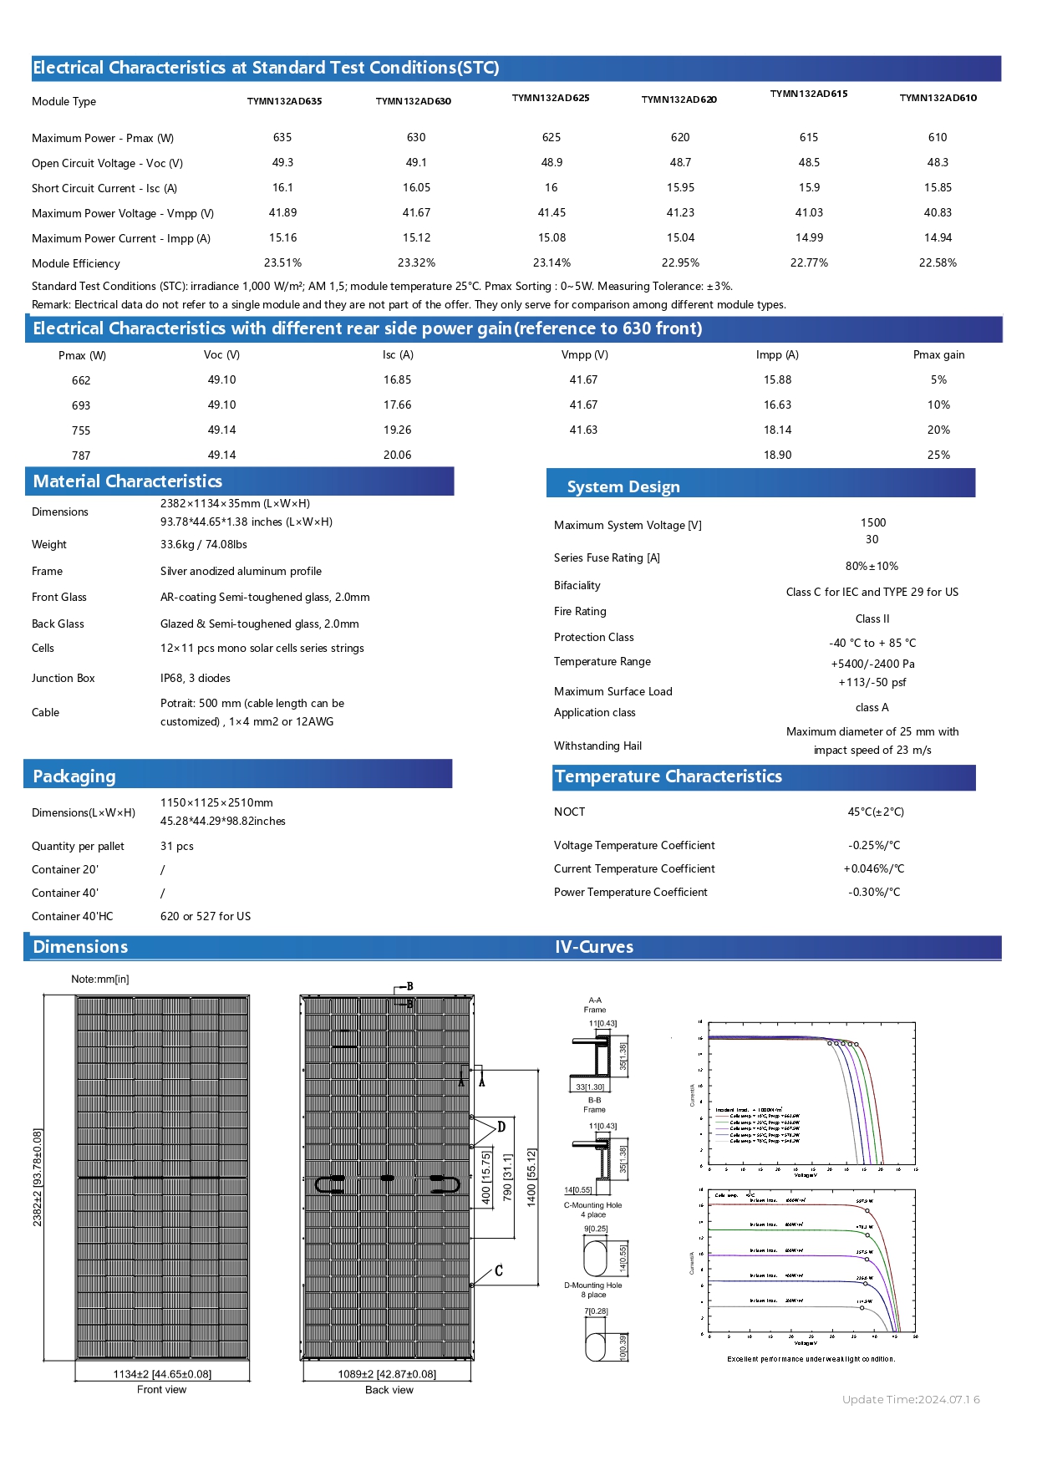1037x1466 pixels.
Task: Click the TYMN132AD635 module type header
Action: (x=284, y=101)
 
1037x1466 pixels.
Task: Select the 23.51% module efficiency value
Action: (x=282, y=262)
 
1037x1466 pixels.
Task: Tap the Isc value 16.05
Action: (x=416, y=187)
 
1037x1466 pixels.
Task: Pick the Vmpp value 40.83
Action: (x=938, y=212)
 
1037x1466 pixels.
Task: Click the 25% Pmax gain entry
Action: (x=938, y=455)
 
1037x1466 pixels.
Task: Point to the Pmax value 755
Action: (x=81, y=430)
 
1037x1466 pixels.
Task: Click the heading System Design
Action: (x=623, y=486)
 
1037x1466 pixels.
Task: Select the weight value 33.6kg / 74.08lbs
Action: (x=204, y=544)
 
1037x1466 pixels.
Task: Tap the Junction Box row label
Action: (x=64, y=678)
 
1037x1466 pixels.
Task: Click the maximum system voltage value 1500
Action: (x=873, y=522)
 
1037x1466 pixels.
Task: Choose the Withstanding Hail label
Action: (x=597, y=746)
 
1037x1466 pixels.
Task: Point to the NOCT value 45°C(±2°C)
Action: (x=876, y=812)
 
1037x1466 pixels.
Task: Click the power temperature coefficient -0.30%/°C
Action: (x=874, y=892)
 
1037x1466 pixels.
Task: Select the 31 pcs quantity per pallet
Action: (x=177, y=846)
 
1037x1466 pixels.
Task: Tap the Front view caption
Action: (x=162, y=1389)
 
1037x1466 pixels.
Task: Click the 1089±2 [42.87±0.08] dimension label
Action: (x=387, y=1373)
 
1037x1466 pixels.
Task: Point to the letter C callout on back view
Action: (x=499, y=1270)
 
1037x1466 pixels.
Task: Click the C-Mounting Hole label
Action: (x=592, y=1205)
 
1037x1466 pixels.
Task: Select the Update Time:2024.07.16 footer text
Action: (x=911, y=1399)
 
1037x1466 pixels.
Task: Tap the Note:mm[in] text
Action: (x=100, y=979)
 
